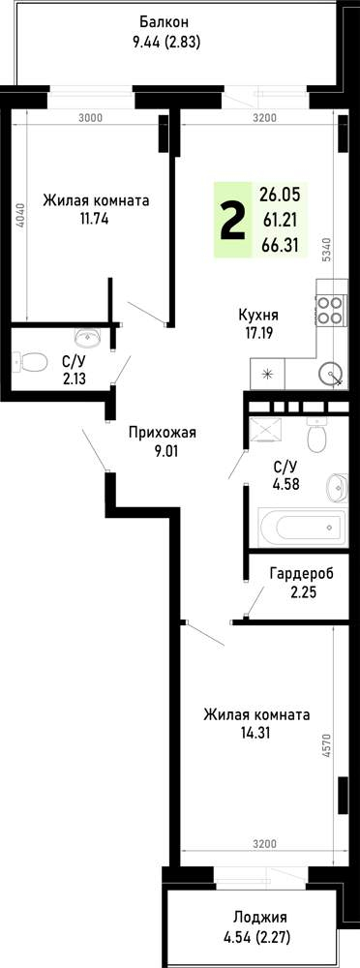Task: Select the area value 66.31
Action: (x=280, y=246)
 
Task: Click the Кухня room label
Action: (x=258, y=315)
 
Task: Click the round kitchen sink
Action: (x=331, y=375)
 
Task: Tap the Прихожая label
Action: (x=162, y=433)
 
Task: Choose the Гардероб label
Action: (x=301, y=573)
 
